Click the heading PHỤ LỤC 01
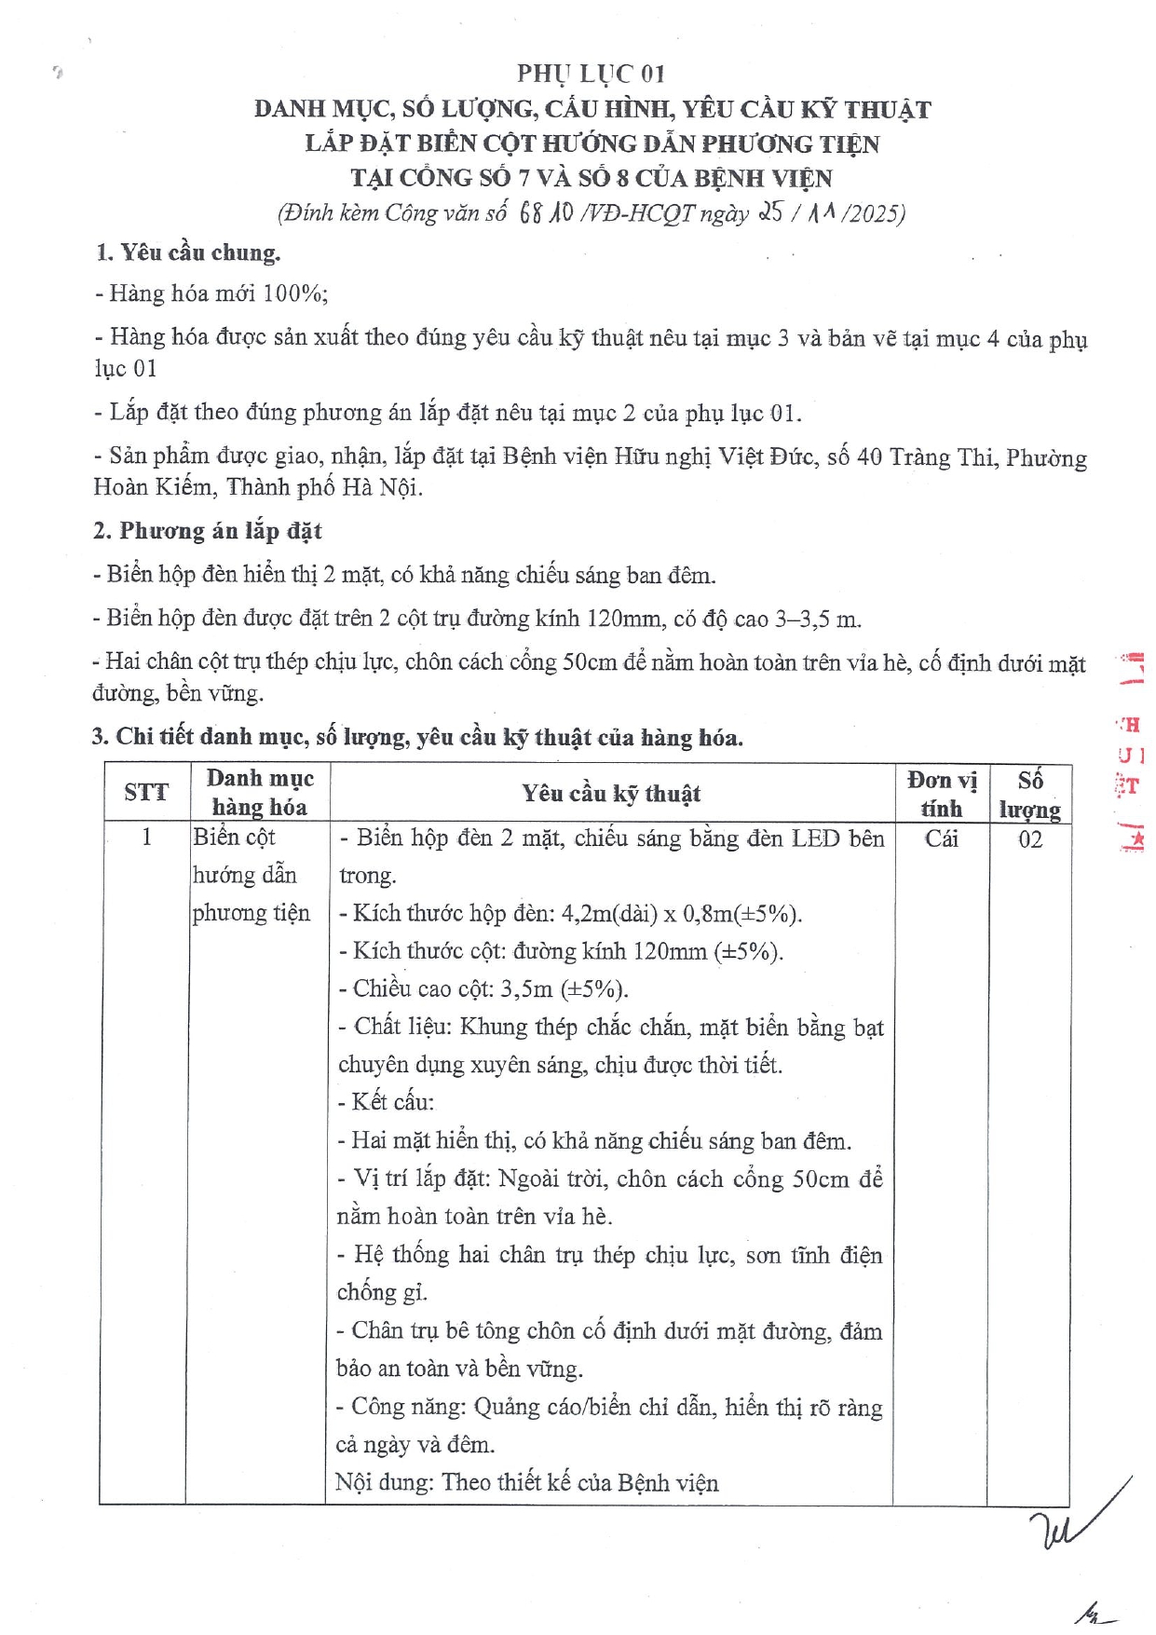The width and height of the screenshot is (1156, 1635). pyautogui.click(x=591, y=74)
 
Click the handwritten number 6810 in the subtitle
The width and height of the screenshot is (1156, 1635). pyautogui.click(x=545, y=213)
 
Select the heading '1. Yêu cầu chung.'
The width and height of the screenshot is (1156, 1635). pyautogui.click(x=187, y=252)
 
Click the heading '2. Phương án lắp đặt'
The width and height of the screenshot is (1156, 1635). pyautogui.click(x=207, y=531)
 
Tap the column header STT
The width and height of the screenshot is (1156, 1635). pyautogui.click(x=146, y=793)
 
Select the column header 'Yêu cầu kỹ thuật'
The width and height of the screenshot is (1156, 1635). pyautogui.click(x=611, y=794)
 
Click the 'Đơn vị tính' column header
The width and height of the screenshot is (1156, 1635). pyautogui.click(x=942, y=794)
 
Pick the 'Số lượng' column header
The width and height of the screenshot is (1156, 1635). pyautogui.click(x=1029, y=794)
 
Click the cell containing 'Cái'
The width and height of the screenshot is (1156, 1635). pyautogui.click(x=941, y=838)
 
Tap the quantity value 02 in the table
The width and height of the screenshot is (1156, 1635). pyautogui.click(x=1029, y=839)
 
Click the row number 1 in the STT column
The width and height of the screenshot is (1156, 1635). pyautogui.click(x=146, y=838)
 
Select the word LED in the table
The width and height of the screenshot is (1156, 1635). pyautogui.click(x=815, y=838)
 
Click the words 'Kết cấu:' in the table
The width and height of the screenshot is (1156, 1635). pyautogui.click(x=391, y=1102)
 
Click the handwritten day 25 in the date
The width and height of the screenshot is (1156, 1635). pyautogui.click(x=771, y=213)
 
